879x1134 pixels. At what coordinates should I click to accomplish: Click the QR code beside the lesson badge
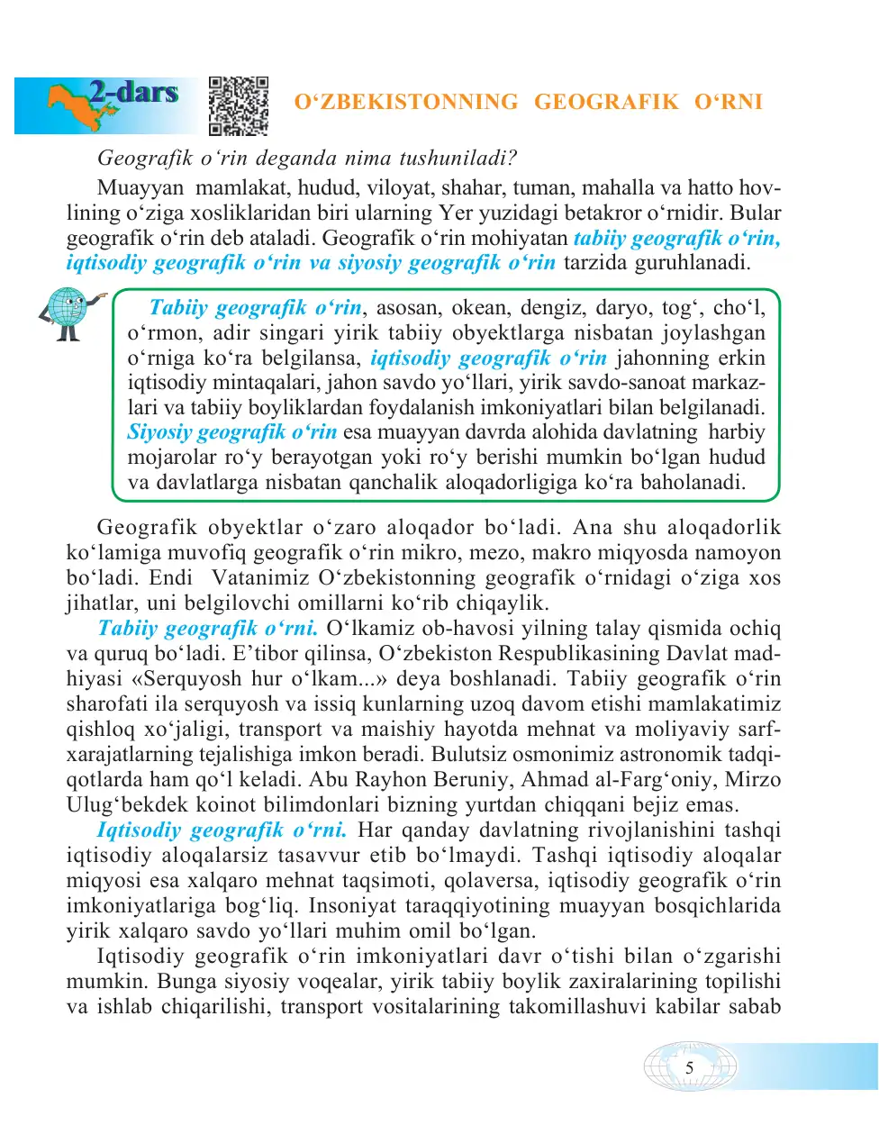pos(239,105)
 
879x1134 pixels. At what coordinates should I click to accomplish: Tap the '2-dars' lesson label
pos(133,92)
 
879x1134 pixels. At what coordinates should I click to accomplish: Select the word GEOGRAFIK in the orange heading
pos(606,102)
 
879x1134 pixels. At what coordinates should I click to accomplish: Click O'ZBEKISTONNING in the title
pos(406,102)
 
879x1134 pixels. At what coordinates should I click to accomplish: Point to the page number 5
pos(690,1068)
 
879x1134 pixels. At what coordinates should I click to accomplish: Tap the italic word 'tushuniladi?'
pos(458,159)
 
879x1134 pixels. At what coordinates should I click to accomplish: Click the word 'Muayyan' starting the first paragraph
pos(140,188)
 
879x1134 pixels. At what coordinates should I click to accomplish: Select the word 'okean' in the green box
pos(480,308)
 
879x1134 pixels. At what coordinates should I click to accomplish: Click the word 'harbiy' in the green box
pos(737,432)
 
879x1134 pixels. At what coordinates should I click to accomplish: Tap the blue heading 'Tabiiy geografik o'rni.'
pos(207,629)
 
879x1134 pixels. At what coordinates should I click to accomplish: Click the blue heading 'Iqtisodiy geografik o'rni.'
pos(221,830)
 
